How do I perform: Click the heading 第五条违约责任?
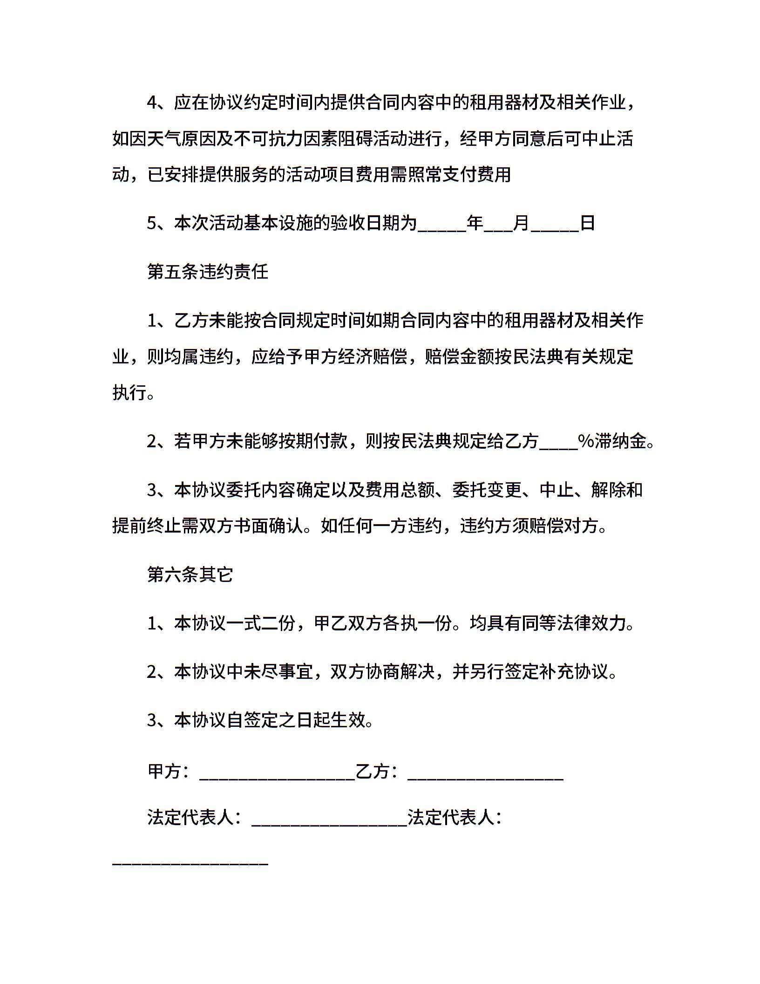[x=208, y=272]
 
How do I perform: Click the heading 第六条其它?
[x=190, y=574]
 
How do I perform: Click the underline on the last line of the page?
[x=190, y=863]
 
